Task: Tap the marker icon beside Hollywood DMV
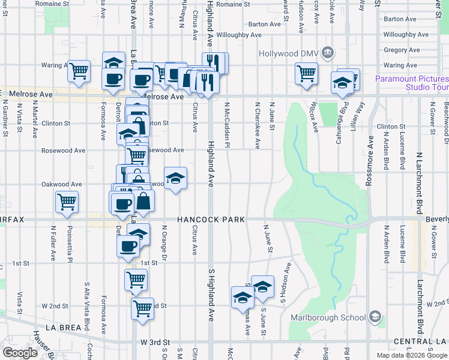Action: click(x=328, y=53)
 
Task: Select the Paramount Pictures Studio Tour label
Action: click(x=412, y=83)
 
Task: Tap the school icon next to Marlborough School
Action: click(x=375, y=316)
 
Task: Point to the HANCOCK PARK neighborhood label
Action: click(x=211, y=220)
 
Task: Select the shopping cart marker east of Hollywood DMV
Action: click(x=306, y=73)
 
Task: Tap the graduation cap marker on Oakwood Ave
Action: click(x=175, y=178)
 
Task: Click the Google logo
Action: click(x=20, y=352)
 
